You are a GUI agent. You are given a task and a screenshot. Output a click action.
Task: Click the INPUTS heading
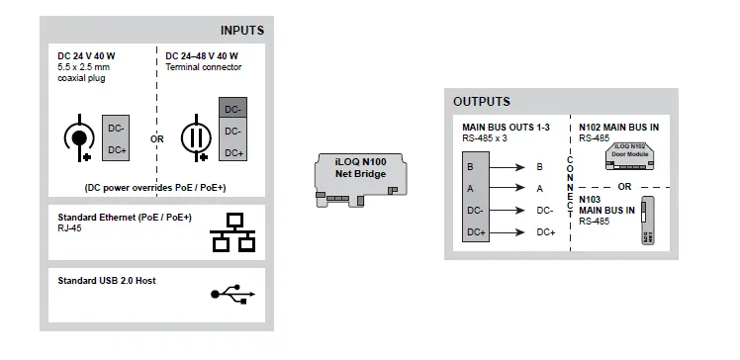(x=241, y=31)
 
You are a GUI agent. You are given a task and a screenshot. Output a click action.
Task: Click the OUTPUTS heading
(x=482, y=101)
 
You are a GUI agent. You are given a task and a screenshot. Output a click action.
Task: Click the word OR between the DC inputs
(x=157, y=139)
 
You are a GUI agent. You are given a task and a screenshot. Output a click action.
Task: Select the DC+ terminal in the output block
(x=474, y=231)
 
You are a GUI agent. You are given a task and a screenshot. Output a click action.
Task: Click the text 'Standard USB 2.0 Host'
(x=107, y=281)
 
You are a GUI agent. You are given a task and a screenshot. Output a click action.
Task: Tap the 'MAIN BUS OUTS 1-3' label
(x=506, y=128)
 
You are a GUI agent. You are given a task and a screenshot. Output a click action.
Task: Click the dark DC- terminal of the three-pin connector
(x=232, y=109)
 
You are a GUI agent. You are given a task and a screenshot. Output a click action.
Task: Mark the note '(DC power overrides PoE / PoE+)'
(x=156, y=186)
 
